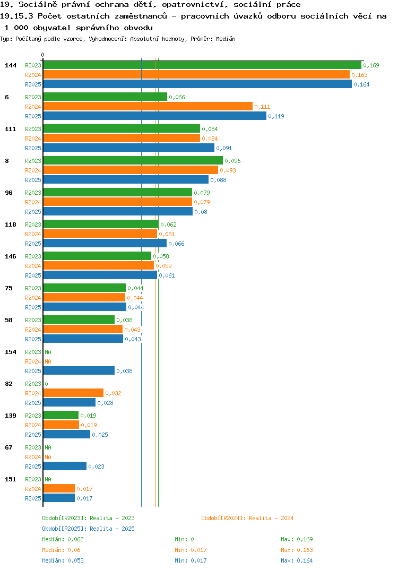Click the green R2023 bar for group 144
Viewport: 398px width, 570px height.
203,65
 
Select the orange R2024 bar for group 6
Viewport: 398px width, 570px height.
148,107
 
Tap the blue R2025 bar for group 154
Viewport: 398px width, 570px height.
79,371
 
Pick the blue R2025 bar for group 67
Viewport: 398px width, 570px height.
65,467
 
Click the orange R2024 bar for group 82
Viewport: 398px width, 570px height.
73,393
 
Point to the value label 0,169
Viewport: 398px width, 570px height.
371,65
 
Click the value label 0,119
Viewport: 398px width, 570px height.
276,116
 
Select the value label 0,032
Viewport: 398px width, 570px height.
114,393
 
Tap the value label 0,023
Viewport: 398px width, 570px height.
97,467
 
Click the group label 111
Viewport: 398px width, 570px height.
11,129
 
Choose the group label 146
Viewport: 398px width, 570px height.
11,256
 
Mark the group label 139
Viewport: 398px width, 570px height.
11,416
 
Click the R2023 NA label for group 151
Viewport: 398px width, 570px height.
48,479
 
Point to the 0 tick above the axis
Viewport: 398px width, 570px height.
43,55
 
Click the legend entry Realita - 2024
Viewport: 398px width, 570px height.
247,518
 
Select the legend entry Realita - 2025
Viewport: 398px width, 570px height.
88,529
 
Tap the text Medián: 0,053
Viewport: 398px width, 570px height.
63,560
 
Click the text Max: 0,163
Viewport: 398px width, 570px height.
297,550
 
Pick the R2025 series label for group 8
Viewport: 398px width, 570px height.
33,180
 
